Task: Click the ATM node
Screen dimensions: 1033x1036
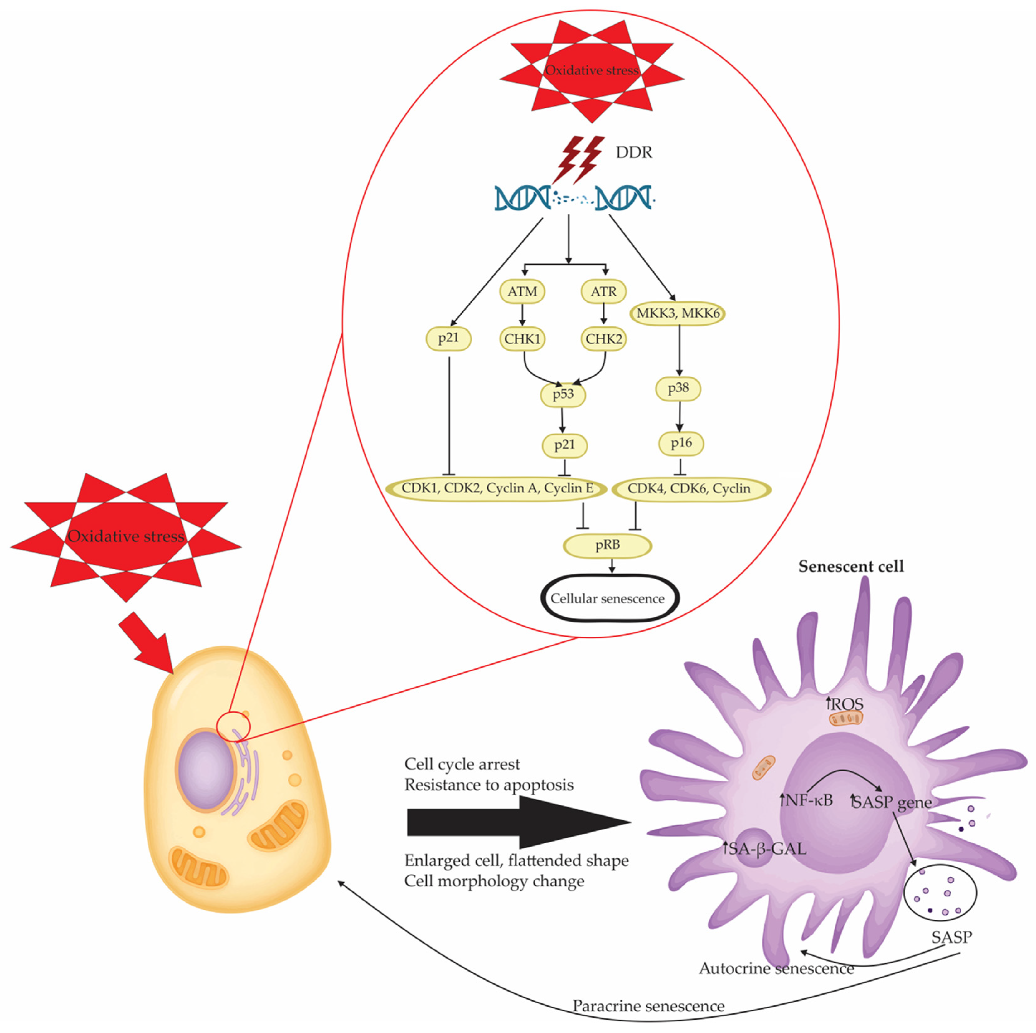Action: point(522,292)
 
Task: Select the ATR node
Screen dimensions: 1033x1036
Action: point(604,292)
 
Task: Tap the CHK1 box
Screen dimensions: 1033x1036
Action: point(522,339)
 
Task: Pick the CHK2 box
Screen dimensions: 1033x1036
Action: point(604,339)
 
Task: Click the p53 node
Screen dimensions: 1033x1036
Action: point(563,395)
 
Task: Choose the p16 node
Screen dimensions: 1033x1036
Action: point(681,443)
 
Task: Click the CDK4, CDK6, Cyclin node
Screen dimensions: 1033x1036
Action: point(691,489)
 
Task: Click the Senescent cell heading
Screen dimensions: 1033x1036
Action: point(851,567)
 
